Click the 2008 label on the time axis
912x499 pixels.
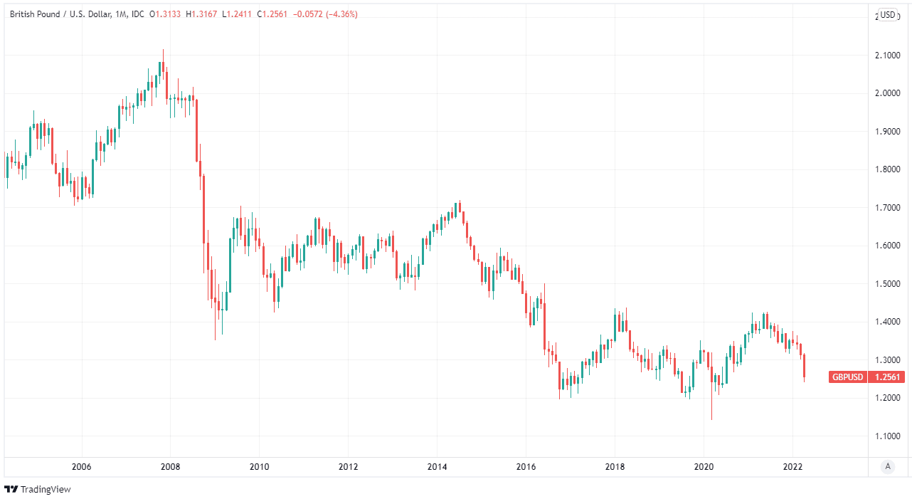(x=170, y=467)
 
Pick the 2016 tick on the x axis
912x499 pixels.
(x=526, y=467)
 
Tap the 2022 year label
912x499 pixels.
(x=792, y=467)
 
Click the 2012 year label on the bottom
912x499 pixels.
(x=348, y=467)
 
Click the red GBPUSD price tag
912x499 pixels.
(x=866, y=377)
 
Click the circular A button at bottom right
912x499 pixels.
(x=887, y=467)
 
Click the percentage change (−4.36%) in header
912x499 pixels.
(x=341, y=14)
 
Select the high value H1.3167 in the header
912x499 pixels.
(x=201, y=14)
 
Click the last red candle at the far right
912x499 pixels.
(x=805, y=367)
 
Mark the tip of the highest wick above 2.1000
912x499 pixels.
(x=163, y=50)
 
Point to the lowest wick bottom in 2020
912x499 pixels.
(x=711, y=419)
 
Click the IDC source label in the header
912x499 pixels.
(x=138, y=14)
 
